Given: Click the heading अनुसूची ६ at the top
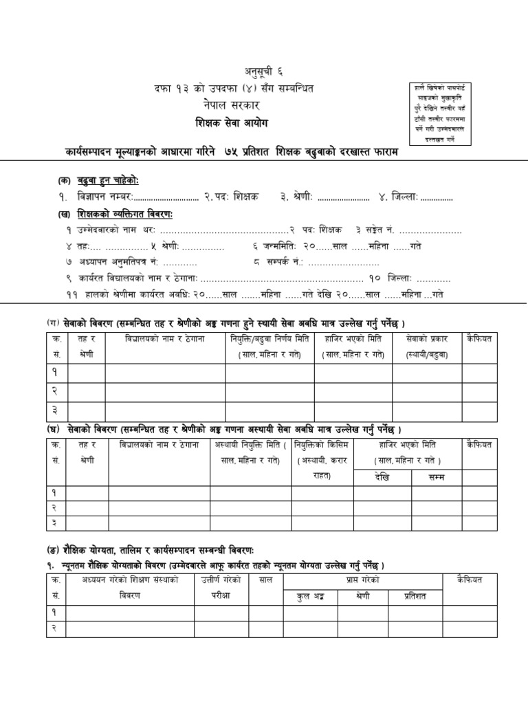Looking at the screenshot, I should point(264,71).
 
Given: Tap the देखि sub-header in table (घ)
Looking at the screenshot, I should point(382,476).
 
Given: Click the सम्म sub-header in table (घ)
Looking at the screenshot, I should point(436,476).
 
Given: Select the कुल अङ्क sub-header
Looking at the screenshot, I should point(307,596).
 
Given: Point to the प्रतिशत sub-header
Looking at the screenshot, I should point(410,596).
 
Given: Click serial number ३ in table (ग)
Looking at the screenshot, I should point(55,410).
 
